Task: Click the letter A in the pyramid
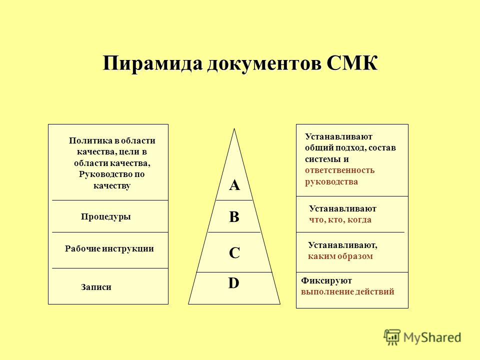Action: (x=234, y=185)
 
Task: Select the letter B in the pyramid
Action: (x=234, y=216)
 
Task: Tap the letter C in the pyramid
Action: (x=234, y=253)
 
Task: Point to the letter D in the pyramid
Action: (x=234, y=283)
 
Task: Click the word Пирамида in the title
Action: (x=153, y=63)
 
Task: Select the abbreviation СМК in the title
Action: (x=352, y=63)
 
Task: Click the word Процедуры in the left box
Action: (x=106, y=216)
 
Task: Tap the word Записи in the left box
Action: (x=96, y=287)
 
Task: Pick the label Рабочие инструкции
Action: (x=109, y=248)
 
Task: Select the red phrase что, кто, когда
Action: (x=340, y=220)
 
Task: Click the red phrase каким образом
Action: (x=340, y=256)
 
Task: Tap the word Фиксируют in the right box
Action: (x=326, y=280)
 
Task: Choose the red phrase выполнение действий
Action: (x=347, y=291)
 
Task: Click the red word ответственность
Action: (x=340, y=170)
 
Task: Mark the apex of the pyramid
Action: (x=234, y=128)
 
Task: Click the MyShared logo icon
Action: (x=392, y=337)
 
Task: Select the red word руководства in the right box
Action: (x=331, y=182)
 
